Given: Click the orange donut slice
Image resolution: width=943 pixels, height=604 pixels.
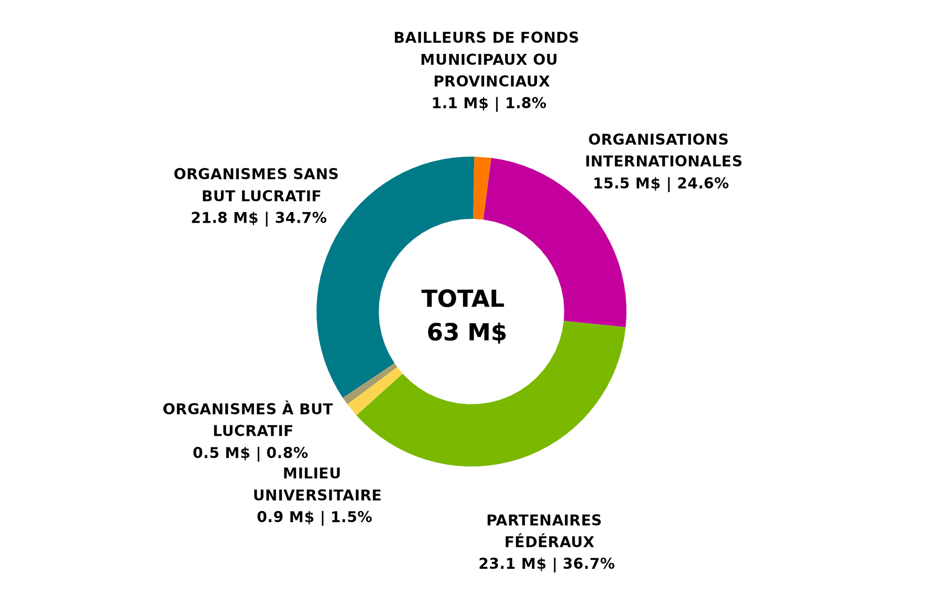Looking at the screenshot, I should click(481, 188).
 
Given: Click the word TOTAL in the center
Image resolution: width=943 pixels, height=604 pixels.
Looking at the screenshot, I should click(463, 299).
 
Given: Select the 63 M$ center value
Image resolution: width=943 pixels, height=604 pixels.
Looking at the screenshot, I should click(466, 333).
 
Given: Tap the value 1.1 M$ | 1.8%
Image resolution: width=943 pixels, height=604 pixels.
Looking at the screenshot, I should click(489, 103).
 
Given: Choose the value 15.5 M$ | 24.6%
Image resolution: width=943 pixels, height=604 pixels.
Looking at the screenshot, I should click(661, 183).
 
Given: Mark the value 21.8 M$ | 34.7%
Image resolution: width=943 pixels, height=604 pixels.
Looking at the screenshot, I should click(259, 217).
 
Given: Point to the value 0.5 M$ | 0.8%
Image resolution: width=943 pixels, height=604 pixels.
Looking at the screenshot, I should click(250, 453).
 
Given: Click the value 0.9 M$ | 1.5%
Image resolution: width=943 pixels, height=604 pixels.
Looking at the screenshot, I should click(314, 517).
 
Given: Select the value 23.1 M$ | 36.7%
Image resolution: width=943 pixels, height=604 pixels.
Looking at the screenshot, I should click(546, 564).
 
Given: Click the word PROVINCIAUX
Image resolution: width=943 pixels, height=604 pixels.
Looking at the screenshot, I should click(491, 82).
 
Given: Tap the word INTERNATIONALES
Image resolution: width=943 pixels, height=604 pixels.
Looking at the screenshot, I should click(663, 161).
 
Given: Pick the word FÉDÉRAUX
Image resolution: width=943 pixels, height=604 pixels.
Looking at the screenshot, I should click(549, 542).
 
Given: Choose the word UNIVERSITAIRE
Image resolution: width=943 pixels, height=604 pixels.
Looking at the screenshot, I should click(317, 495).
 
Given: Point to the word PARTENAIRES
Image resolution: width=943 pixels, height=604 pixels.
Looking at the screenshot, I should click(544, 520).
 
